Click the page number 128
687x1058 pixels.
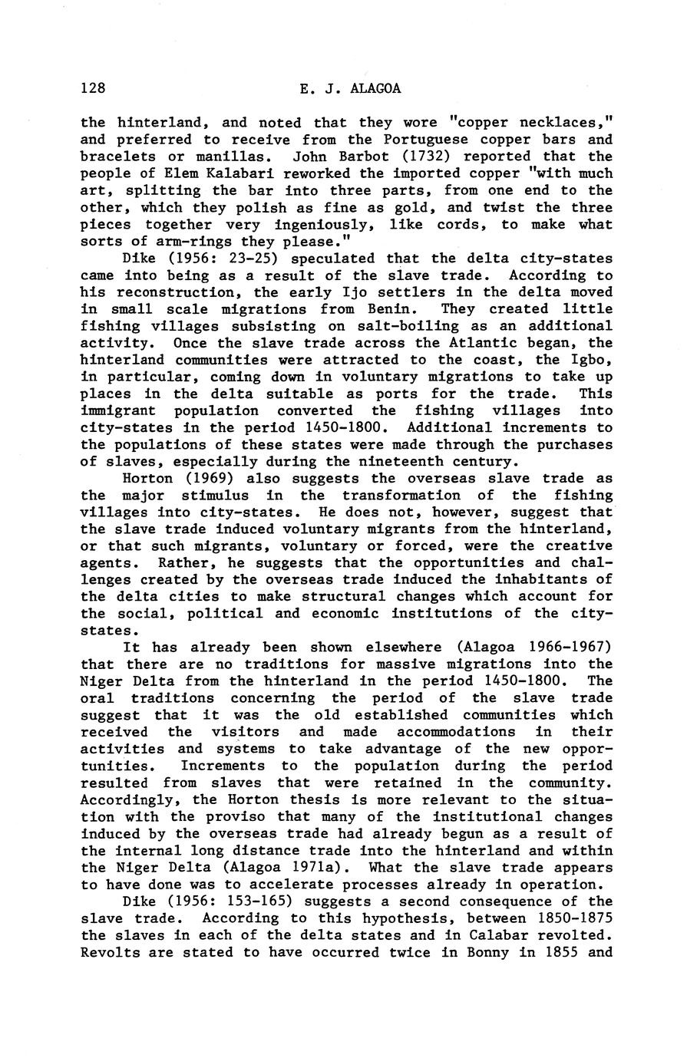point(92,88)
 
